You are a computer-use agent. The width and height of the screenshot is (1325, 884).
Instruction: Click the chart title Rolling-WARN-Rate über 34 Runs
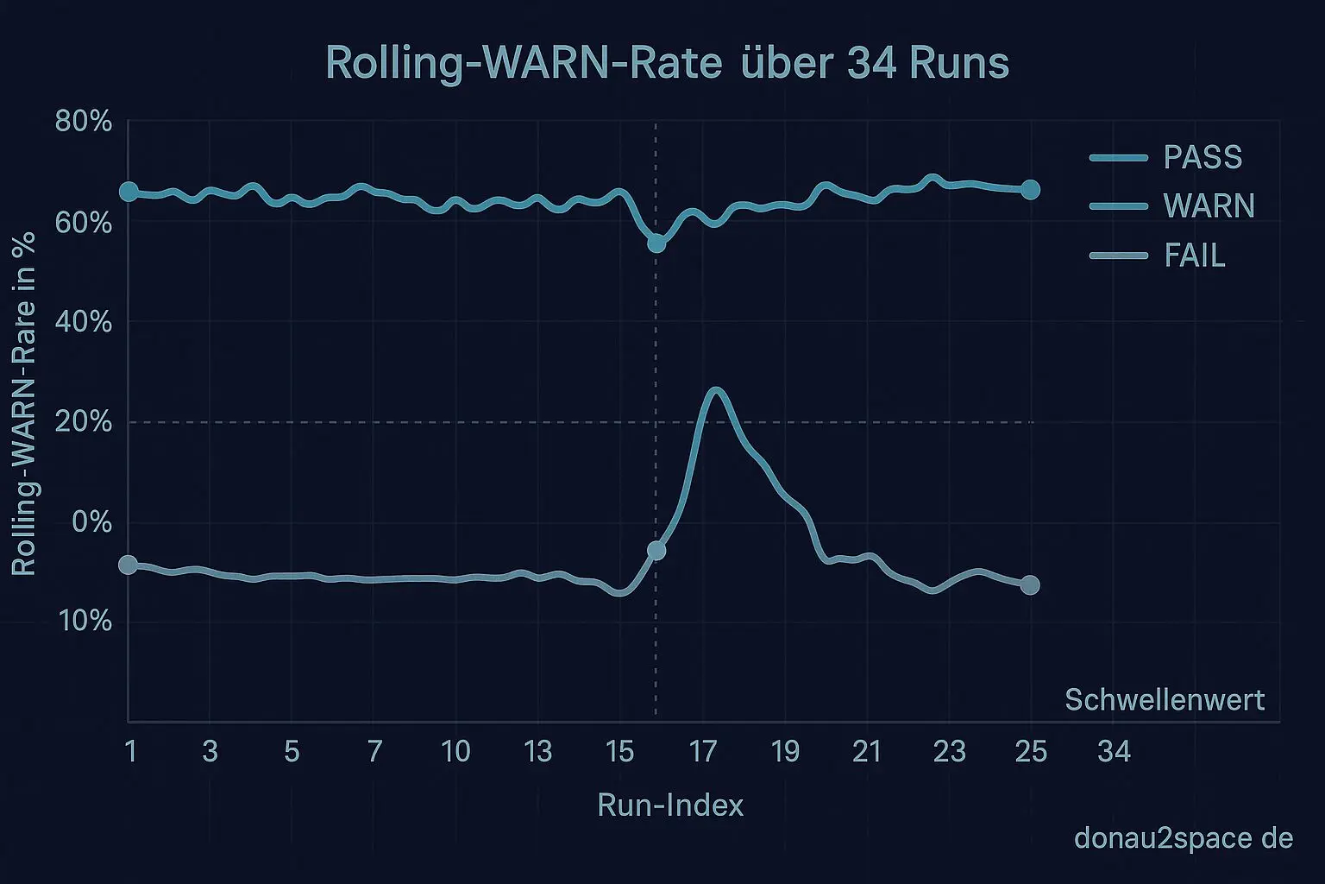pos(667,64)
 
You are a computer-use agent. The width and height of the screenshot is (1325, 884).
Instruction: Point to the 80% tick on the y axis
pos(84,122)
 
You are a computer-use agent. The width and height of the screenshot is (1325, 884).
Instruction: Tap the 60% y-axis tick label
pos(84,224)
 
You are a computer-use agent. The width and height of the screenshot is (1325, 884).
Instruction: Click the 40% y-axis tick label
pos(84,323)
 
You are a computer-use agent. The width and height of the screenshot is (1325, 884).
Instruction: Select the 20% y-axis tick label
pos(84,423)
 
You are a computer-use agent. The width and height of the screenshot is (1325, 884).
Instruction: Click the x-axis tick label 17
pos(703,752)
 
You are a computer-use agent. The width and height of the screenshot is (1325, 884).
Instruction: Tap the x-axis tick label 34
pos(1114,752)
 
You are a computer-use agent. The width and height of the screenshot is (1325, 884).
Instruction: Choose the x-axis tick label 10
pos(455,752)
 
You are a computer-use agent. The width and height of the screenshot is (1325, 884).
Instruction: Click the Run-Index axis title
pos(670,805)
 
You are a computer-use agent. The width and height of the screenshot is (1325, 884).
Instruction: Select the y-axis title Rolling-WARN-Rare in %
pos(24,403)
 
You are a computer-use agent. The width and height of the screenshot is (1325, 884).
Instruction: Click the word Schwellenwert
pos(1165,699)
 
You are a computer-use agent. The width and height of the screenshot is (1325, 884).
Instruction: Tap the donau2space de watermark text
pos(1184,838)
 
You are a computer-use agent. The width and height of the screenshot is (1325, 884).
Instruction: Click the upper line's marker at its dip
pos(656,243)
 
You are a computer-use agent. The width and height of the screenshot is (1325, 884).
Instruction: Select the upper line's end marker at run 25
pos(1030,190)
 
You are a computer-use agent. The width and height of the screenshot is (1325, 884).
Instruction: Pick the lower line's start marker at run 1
pos(129,565)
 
